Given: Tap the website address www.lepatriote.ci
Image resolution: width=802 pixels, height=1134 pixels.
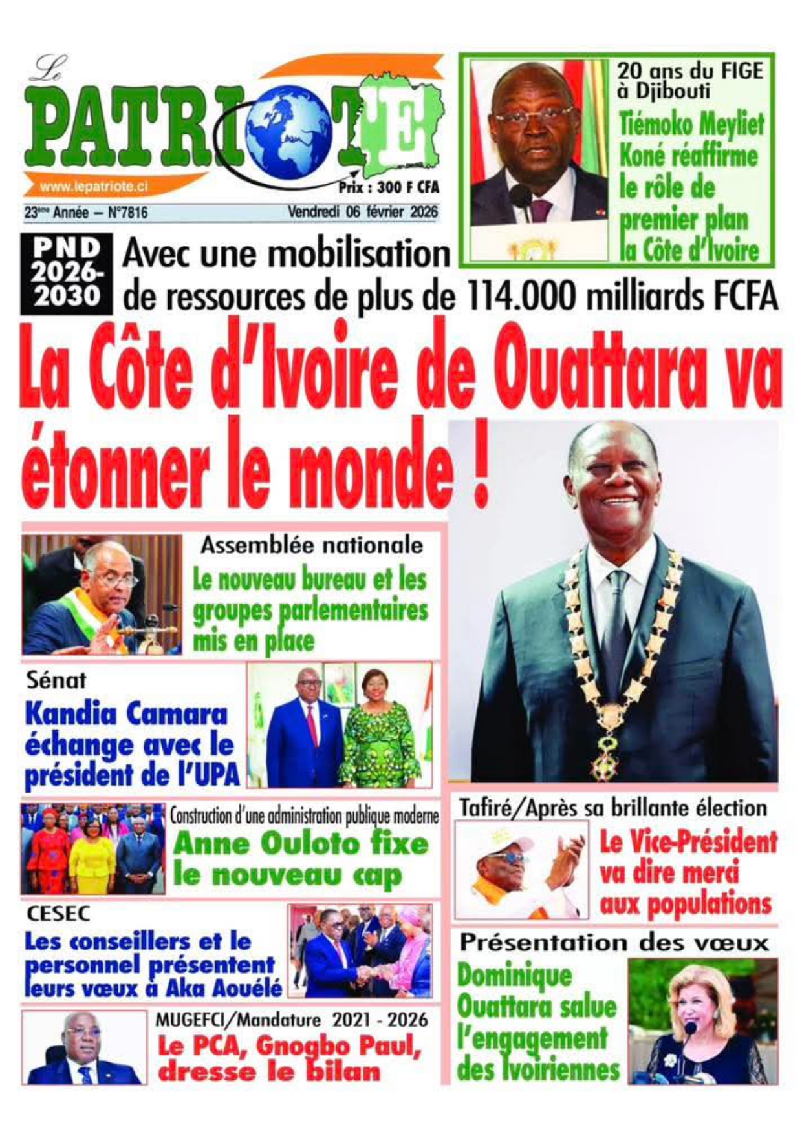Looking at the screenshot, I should coord(94,187).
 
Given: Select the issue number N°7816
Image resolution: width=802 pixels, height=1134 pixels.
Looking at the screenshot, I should coord(122,212).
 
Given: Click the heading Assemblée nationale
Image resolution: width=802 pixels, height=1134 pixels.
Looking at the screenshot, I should coord(311,545).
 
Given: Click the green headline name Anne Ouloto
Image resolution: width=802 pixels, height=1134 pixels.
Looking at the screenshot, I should coord(265,844).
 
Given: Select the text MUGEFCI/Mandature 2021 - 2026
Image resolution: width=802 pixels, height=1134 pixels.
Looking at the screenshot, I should coord(291,1020).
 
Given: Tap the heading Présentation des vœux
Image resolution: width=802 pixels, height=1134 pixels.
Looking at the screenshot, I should coord(614,943).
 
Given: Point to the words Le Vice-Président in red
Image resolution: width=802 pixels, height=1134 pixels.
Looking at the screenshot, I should coord(688,842).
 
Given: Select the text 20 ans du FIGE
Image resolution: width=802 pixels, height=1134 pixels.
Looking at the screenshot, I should coord(689,70).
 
